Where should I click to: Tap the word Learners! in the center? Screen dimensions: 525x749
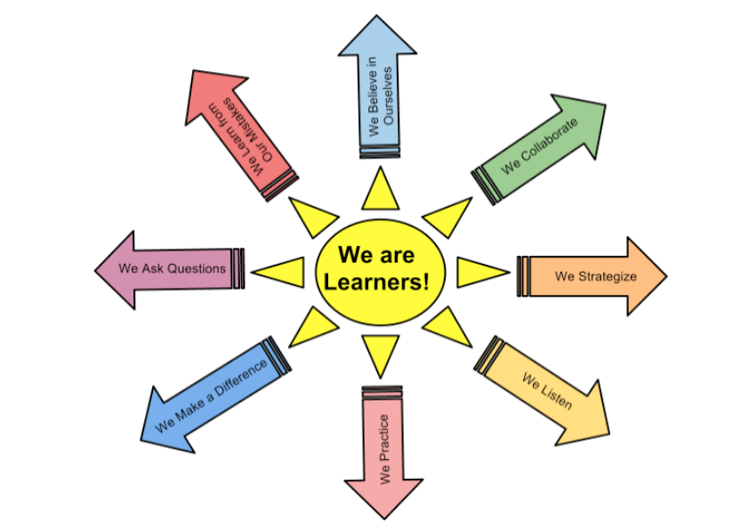pyautogui.click(x=377, y=282)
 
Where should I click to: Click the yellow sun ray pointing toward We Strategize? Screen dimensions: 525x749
pyautogui.click(x=480, y=271)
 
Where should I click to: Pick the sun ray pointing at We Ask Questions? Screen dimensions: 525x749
pyautogui.click(x=279, y=270)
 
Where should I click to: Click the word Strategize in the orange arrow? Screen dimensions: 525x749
pyautogui.click(x=608, y=276)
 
